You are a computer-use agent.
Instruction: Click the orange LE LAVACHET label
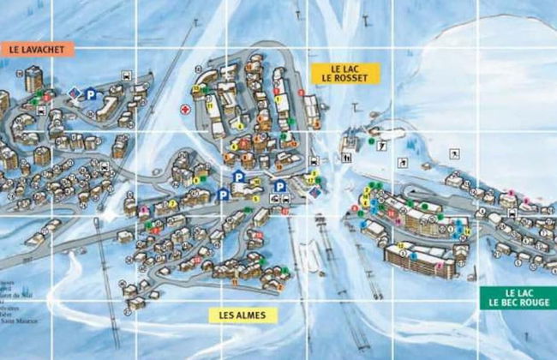click(38, 50)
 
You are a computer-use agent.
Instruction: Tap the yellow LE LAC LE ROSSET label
click(345, 72)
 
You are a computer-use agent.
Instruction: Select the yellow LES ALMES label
click(243, 315)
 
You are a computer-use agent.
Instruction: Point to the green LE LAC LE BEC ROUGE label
click(518, 297)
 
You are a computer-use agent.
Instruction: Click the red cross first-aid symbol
click(184, 111)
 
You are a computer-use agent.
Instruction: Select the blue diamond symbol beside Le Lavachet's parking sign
click(74, 93)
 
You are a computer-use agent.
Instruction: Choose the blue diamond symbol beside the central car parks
click(314, 194)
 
